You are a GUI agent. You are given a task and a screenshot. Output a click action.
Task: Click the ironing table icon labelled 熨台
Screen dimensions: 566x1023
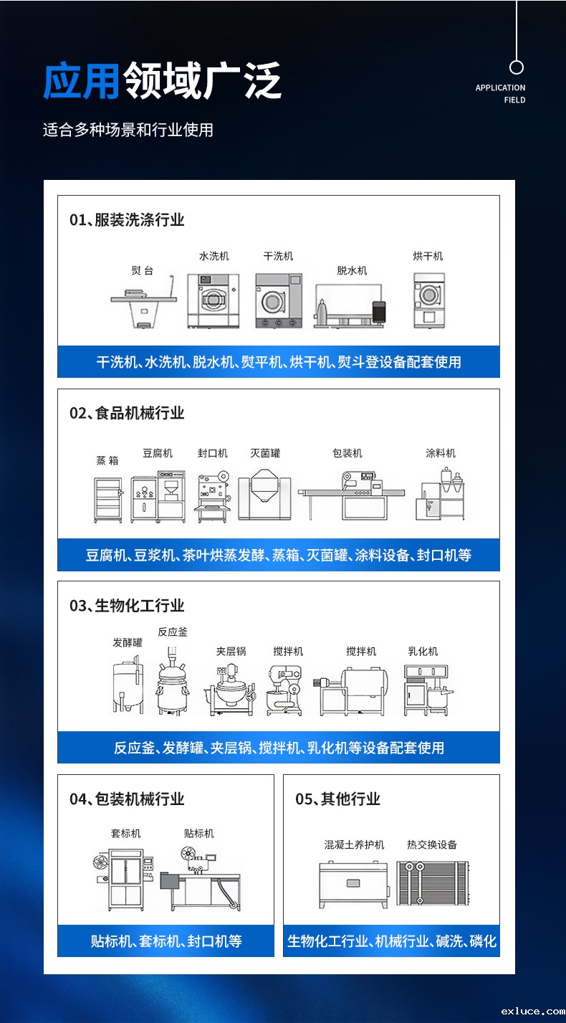143,301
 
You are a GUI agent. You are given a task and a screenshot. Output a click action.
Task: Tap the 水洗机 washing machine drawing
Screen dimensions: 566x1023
214,300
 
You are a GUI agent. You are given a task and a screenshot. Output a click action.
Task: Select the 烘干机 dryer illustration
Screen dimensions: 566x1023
429,300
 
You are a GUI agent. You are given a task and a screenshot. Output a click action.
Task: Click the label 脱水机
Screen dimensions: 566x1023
352,270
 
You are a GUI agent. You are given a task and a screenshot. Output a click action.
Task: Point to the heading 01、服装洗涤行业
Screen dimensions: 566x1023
127,219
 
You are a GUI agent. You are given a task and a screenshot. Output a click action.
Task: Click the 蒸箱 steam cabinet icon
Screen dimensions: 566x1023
108,500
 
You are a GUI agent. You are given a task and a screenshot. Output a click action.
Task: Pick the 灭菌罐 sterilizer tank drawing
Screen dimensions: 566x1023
265,495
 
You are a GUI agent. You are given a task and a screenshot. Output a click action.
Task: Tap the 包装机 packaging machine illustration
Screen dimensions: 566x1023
351,495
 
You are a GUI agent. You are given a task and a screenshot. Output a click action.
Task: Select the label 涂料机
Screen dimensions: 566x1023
441,453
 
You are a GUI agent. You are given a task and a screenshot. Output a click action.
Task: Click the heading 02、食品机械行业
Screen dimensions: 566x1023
127,413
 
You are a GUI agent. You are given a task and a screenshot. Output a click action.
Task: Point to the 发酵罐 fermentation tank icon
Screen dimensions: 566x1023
128,685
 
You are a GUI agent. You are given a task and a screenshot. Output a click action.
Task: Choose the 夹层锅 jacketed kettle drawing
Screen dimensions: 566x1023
229,690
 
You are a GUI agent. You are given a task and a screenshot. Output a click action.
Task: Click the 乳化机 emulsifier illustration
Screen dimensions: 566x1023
428,690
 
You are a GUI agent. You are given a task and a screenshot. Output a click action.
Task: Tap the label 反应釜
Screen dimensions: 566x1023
173,632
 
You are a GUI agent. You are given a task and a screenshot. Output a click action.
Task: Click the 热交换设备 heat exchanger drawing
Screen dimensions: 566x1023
432,883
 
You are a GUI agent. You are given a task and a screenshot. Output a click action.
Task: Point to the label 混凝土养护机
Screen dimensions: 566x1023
354,844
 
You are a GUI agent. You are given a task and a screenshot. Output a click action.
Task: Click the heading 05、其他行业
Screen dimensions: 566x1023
337,799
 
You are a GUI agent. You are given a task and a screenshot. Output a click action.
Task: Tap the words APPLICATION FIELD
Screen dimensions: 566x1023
500,94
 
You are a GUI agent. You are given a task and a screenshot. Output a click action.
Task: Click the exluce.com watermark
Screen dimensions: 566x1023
532,1011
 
